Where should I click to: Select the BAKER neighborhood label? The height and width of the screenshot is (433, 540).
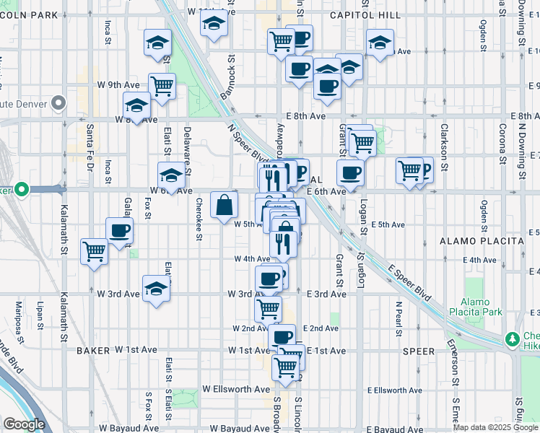92,351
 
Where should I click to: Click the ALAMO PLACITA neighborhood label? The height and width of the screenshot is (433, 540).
481,240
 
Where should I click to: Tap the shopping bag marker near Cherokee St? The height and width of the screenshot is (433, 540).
225,206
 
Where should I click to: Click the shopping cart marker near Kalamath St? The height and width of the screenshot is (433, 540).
95,253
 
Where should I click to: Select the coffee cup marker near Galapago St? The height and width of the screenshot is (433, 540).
119,231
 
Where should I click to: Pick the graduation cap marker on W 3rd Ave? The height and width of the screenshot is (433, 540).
156,290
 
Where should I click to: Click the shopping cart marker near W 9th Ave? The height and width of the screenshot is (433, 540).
162,87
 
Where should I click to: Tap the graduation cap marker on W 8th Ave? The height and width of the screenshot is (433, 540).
136,107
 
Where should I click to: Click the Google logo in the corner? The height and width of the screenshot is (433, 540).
24,425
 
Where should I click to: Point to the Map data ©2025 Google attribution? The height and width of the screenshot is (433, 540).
496,427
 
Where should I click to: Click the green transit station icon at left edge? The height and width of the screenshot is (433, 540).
22,190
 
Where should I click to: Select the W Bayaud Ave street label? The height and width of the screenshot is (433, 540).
129,428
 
